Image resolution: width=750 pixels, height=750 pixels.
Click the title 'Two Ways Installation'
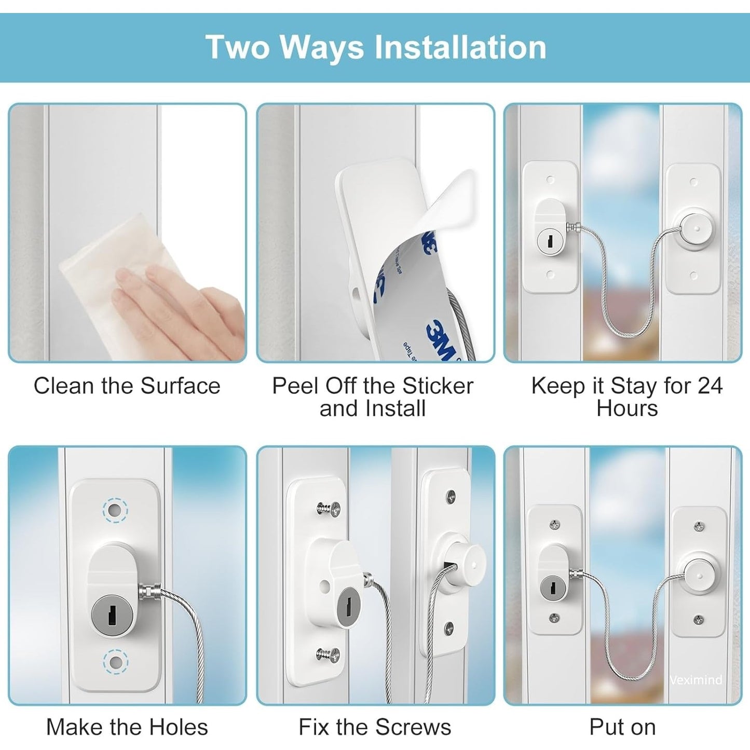pos(376,47)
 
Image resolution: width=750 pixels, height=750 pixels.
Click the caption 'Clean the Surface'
pos(127,386)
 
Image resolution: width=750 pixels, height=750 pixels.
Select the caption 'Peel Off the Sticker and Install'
pos(373,397)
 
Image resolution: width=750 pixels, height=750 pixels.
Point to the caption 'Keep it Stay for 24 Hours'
pos(627,397)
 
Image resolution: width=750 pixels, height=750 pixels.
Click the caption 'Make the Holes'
pos(127,727)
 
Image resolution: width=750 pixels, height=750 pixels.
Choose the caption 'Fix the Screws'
pos(375,727)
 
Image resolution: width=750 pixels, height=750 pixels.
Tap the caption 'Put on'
pos(623,727)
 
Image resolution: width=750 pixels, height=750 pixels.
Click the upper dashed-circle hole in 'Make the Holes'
pos(115,510)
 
